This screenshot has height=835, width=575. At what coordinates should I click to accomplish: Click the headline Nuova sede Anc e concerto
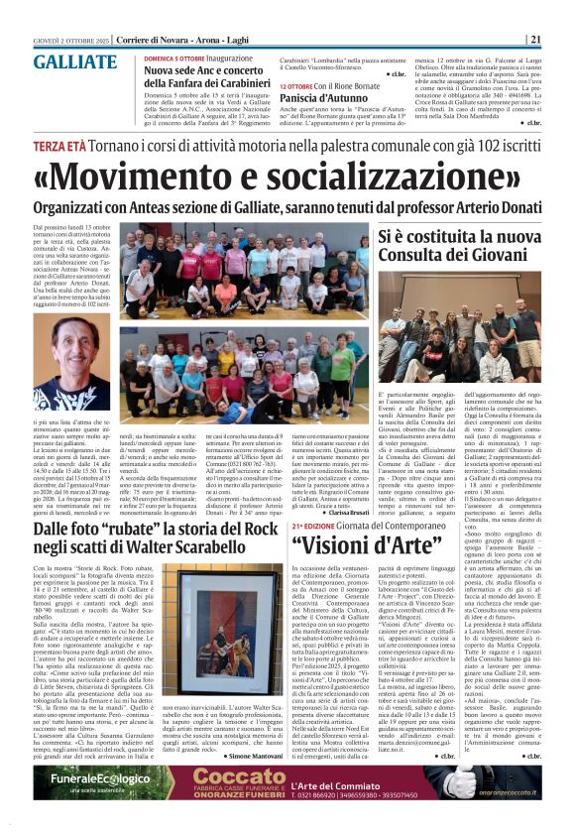(210, 72)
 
